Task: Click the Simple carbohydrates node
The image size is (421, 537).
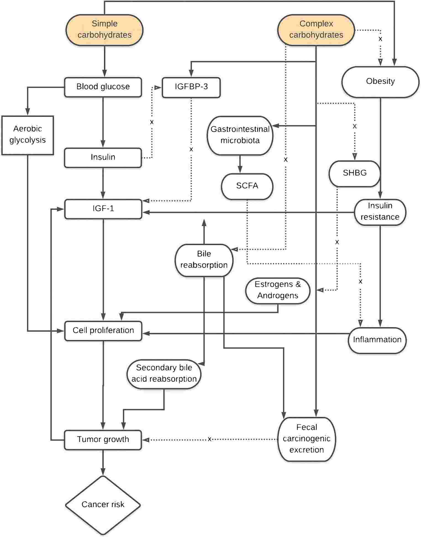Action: point(104,30)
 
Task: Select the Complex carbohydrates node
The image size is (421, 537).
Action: point(316,30)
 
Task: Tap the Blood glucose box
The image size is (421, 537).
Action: point(103,87)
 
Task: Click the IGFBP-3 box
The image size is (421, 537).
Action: point(191,87)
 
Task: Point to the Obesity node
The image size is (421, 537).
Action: point(380,81)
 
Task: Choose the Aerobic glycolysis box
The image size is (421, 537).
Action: point(27,135)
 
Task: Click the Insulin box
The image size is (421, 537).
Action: point(103,157)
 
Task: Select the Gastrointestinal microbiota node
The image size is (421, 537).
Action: point(240,135)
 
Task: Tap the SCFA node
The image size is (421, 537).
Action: point(247,186)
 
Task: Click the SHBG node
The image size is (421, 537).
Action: point(354,173)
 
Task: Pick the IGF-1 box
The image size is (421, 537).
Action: point(103,209)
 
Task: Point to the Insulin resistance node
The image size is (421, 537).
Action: point(380,212)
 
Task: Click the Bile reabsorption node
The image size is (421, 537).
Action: point(204,260)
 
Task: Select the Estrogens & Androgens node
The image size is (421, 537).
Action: point(278,290)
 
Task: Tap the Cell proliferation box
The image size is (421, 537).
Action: point(103,330)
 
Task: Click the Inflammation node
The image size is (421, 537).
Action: point(377,340)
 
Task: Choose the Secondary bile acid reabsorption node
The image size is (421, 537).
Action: point(164,373)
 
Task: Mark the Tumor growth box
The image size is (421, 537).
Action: point(103,439)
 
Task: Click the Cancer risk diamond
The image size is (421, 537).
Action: point(103,505)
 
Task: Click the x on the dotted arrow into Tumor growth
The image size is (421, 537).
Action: point(209,439)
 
